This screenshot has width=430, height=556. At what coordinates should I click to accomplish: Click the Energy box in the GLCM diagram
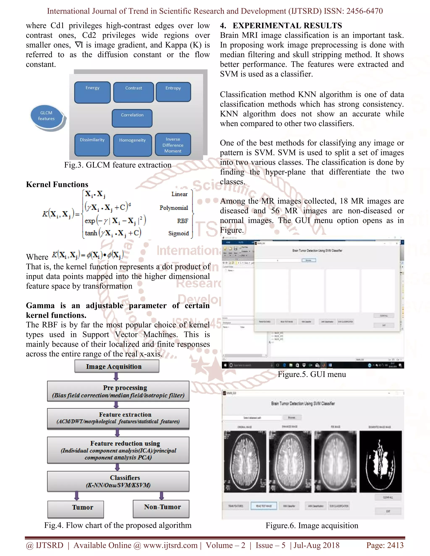coord(92,92)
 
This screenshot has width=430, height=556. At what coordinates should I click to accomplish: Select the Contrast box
coord(134,92)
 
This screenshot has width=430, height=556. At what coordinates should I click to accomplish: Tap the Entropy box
coord(173,92)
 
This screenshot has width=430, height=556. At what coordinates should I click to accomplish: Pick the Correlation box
coord(132,118)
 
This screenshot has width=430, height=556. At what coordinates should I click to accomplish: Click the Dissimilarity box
coord(92,145)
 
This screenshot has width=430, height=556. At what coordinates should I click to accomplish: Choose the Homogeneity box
coord(132,145)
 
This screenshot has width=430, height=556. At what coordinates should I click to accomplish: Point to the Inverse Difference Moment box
coord(173,145)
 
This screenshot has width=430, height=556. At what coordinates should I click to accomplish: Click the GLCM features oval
coord(46,116)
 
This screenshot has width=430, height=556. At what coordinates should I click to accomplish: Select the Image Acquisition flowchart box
coord(117,366)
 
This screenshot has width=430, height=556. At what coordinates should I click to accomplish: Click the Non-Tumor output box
coord(161,508)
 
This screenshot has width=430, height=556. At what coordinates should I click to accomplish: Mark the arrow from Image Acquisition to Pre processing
coord(116,377)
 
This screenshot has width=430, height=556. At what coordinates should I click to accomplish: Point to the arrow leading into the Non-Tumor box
coord(161,496)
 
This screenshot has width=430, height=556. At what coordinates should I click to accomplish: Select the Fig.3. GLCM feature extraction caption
coord(118,165)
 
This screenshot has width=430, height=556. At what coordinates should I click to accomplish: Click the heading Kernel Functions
coord(57,184)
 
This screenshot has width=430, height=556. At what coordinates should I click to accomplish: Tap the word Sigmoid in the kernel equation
coord(179,233)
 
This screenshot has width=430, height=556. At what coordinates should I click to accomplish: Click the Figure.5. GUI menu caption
coord(312,374)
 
